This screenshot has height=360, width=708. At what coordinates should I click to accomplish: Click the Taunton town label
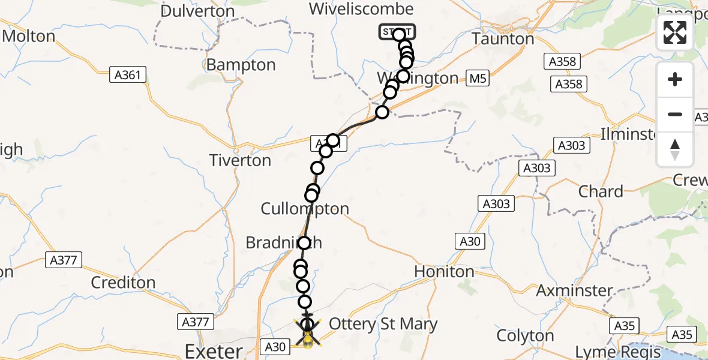click(503, 39)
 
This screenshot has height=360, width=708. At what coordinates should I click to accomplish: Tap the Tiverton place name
click(239, 161)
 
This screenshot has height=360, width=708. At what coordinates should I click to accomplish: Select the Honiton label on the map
click(444, 272)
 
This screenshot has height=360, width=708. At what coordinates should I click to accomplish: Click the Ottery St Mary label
click(383, 325)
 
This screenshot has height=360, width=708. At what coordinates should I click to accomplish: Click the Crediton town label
click(123, 282)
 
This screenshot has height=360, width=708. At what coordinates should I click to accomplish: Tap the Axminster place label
click(574, 291)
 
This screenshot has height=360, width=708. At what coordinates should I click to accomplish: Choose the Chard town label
click(601, 192)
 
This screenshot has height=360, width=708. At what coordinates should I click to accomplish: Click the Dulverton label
click(197, 11)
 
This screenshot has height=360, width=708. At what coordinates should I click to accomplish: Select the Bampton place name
click(241, 65)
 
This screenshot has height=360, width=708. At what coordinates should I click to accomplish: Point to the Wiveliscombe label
click(361, 9)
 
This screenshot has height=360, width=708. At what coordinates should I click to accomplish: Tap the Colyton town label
click(526, 335)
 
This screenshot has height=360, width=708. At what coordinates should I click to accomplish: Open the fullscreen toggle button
click(675, 32)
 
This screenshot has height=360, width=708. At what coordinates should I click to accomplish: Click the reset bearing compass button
click(675, 149)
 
